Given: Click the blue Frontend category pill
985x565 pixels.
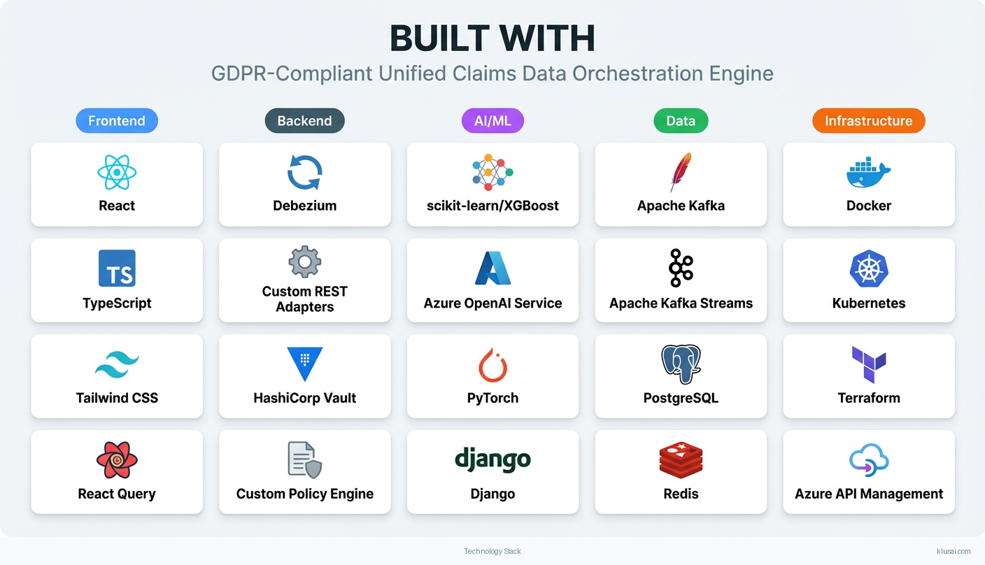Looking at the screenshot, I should (x=117, y=121).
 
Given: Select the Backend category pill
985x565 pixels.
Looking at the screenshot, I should (x=304, y=121).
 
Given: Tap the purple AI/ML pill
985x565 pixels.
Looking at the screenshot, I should (x=492, y=121).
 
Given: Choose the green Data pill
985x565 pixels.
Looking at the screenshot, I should (x=681, y=121).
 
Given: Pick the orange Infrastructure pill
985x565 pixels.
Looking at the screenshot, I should (x=868, y=121).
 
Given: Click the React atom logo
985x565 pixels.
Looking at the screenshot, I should (x=117, y=173).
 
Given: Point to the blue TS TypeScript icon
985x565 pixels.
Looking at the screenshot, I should (x=117, y=269).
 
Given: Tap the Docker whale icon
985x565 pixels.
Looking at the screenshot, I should (x=868, y=173).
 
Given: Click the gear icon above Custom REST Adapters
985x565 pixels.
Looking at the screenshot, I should (x=304, y=262).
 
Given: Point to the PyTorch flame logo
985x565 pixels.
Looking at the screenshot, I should (x=492, y=364).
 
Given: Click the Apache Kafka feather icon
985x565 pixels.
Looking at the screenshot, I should (x=680, y=172).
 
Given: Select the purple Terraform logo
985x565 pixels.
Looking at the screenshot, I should (x=868, y=364).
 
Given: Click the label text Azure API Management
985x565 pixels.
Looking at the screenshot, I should (x=868, y=494).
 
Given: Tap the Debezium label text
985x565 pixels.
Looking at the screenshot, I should (x=304, y=206).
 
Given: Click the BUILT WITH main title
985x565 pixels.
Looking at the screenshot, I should (x=492, y=39).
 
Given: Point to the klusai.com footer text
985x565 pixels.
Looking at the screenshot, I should (x=953, y=551).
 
